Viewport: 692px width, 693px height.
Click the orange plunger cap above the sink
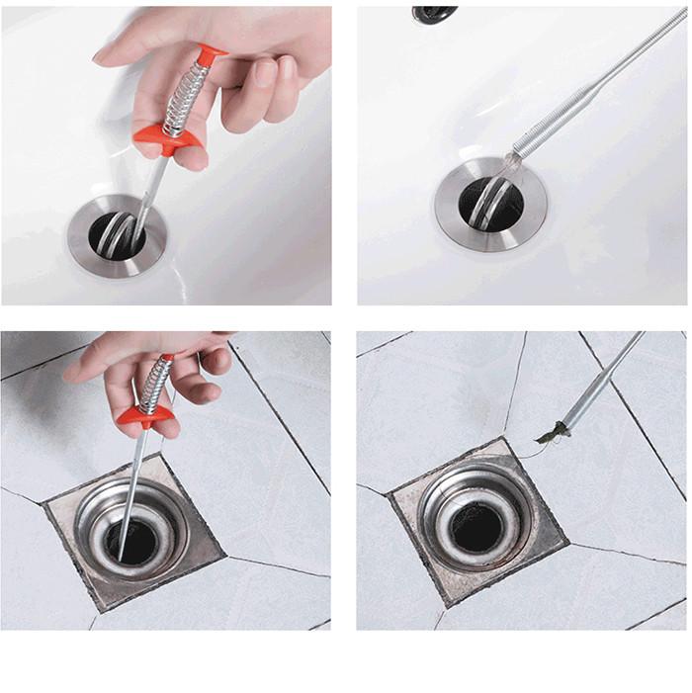pos(210,56)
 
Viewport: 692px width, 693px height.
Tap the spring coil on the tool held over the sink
pos(188,98)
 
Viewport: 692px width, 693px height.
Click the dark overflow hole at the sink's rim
pos(434,13)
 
